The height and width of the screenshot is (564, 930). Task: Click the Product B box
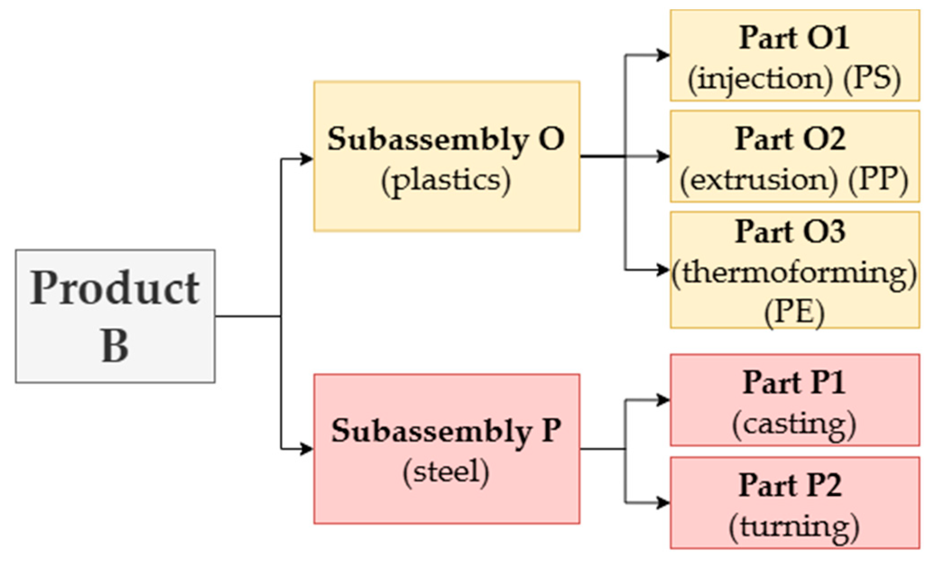[x=115, y=316]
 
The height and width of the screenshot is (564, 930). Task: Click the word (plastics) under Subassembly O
[x=446, y=180]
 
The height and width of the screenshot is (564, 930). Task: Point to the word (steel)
[x=446, y=472]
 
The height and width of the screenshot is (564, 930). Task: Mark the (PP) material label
[x=878, y=180]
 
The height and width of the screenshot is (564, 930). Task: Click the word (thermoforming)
[x=794, y=273]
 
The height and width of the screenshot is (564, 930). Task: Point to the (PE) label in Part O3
[x=794, y=311]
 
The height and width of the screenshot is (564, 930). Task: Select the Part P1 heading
[x=794, y=383]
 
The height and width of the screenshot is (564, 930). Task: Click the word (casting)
[x=794, y=424]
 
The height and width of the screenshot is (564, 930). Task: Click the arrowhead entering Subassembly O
[x=307, y=159]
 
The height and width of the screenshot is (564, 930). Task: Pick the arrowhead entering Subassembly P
[x=307, y=449]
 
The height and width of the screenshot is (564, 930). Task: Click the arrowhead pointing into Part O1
[x=663, y=55]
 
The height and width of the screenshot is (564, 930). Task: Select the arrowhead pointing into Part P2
[x=663, y=502]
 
